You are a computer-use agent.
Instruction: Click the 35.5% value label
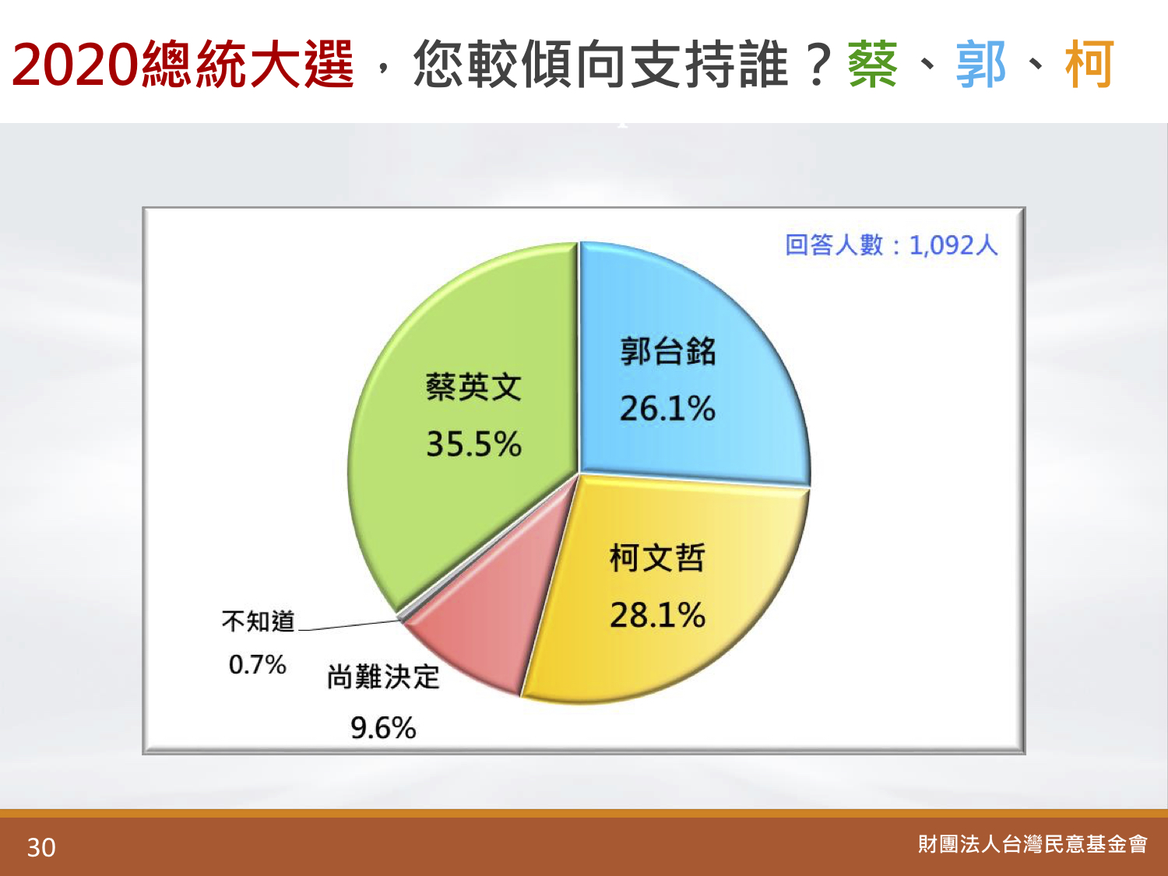pyautogui.click(x=473, y=444)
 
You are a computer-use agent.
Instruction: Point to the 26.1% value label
pyautogui.click(x=667, y=409)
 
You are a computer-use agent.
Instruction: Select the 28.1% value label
pyautogui.click(x=658, y=615)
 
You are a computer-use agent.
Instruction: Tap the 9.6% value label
pyautogui.click(x=383, y=727)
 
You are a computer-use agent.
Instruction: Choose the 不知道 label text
pyautogui.click(x=258, y=621)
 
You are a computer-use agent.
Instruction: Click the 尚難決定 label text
pyautogui.click(x=383, y=677)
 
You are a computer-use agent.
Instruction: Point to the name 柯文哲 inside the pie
pyautogui.click(x=658, y=558)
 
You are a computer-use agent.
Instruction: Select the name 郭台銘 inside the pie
pyautogui.click(x=668, y=351)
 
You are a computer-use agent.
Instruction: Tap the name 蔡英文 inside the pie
pyautogui.click(x=473, y=387)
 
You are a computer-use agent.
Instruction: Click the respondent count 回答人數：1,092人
pyautogui.click(x=892, y=245)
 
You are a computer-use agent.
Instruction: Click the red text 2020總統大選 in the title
pyautogui.click(x=183, y=65)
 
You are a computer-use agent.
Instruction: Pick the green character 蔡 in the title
pyautogui.click(x=873, y=65)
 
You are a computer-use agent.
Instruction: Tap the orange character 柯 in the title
pyautogui.click(x=1089, y=65)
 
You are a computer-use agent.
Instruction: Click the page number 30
pyautogui.click(x=41, y=848)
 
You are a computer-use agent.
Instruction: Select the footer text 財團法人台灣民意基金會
pyautogui.click(x=1033, y=844)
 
